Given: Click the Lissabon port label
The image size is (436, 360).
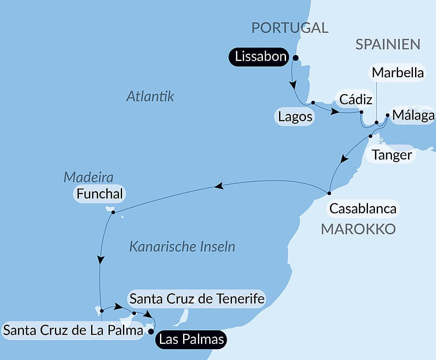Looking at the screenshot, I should pos(260,57).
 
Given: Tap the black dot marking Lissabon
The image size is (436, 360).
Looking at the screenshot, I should pos(295,58).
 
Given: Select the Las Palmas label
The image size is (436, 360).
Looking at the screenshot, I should pos(192,339).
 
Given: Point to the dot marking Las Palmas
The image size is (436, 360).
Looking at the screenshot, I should pos(151,331).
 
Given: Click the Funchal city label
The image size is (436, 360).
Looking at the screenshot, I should pos(100,194).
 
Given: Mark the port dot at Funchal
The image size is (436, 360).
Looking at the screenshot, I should pos(113,213).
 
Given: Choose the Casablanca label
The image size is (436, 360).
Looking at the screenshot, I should pos(362,209).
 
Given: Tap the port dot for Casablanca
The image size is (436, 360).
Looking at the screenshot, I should pos(330,193).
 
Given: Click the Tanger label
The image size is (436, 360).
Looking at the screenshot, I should pos(391,155).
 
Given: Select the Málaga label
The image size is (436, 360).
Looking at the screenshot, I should pos(412,115).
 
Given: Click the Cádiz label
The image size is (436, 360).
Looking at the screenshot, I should pos(354,100).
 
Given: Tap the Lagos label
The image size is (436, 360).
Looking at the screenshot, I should pos(295,117).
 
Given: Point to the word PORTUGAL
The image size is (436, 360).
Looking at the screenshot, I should pos(290,28).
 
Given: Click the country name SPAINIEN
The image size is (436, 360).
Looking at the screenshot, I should pos(388,44).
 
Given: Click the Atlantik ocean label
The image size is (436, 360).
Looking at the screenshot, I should pos(150,96).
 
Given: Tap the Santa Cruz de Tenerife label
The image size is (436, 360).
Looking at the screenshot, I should pos(197,299).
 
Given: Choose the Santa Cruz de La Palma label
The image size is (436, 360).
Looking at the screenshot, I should pos(73,330).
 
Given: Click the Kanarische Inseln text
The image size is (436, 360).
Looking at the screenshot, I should pos(182,247).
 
